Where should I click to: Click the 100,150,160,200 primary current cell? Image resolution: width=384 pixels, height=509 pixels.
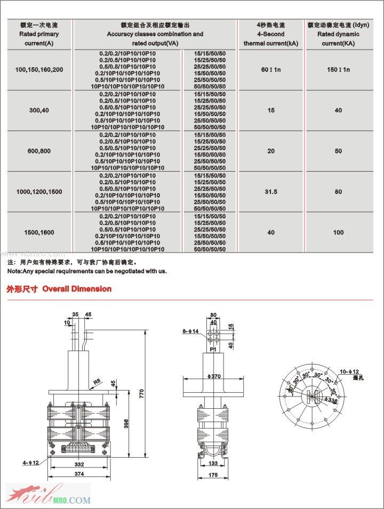39,70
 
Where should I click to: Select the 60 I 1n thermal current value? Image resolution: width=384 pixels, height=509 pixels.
271,70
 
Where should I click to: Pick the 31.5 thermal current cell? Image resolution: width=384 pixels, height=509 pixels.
271,192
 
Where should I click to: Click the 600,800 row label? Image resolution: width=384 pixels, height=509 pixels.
39,151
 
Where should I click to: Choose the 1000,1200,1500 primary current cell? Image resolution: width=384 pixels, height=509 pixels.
39,192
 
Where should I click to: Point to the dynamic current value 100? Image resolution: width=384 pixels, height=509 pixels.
338,232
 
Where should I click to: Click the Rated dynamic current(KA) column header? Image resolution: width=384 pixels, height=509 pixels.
338,34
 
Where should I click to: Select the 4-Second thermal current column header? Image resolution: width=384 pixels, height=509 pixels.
271,34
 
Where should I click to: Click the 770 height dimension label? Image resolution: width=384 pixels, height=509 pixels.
142,394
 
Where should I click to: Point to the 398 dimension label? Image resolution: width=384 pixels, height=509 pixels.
126,423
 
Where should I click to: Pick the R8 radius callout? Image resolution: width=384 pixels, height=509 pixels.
97,382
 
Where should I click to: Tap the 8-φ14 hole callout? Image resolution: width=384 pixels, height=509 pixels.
190,332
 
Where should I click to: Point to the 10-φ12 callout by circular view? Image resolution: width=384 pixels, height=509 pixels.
349,371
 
